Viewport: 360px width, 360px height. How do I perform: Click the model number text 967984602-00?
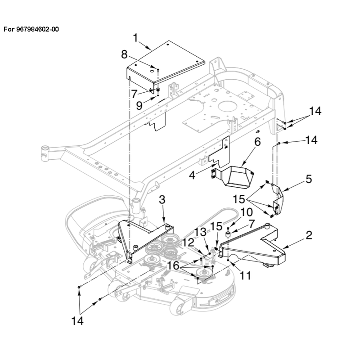[37, 29]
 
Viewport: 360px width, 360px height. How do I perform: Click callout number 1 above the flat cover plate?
[136, 38]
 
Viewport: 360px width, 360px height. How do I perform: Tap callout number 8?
[124, 54]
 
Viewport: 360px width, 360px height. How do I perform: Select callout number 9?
[139, 106]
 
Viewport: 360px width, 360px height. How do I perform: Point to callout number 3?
[162, 199]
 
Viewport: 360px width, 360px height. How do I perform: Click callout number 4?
[192, 175]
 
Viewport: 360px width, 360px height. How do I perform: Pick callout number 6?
[257, 142]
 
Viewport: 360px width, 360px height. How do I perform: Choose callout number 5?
[309, 179]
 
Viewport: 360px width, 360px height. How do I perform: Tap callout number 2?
[309, 235]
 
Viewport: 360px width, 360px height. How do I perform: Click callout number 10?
[247, 212]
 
